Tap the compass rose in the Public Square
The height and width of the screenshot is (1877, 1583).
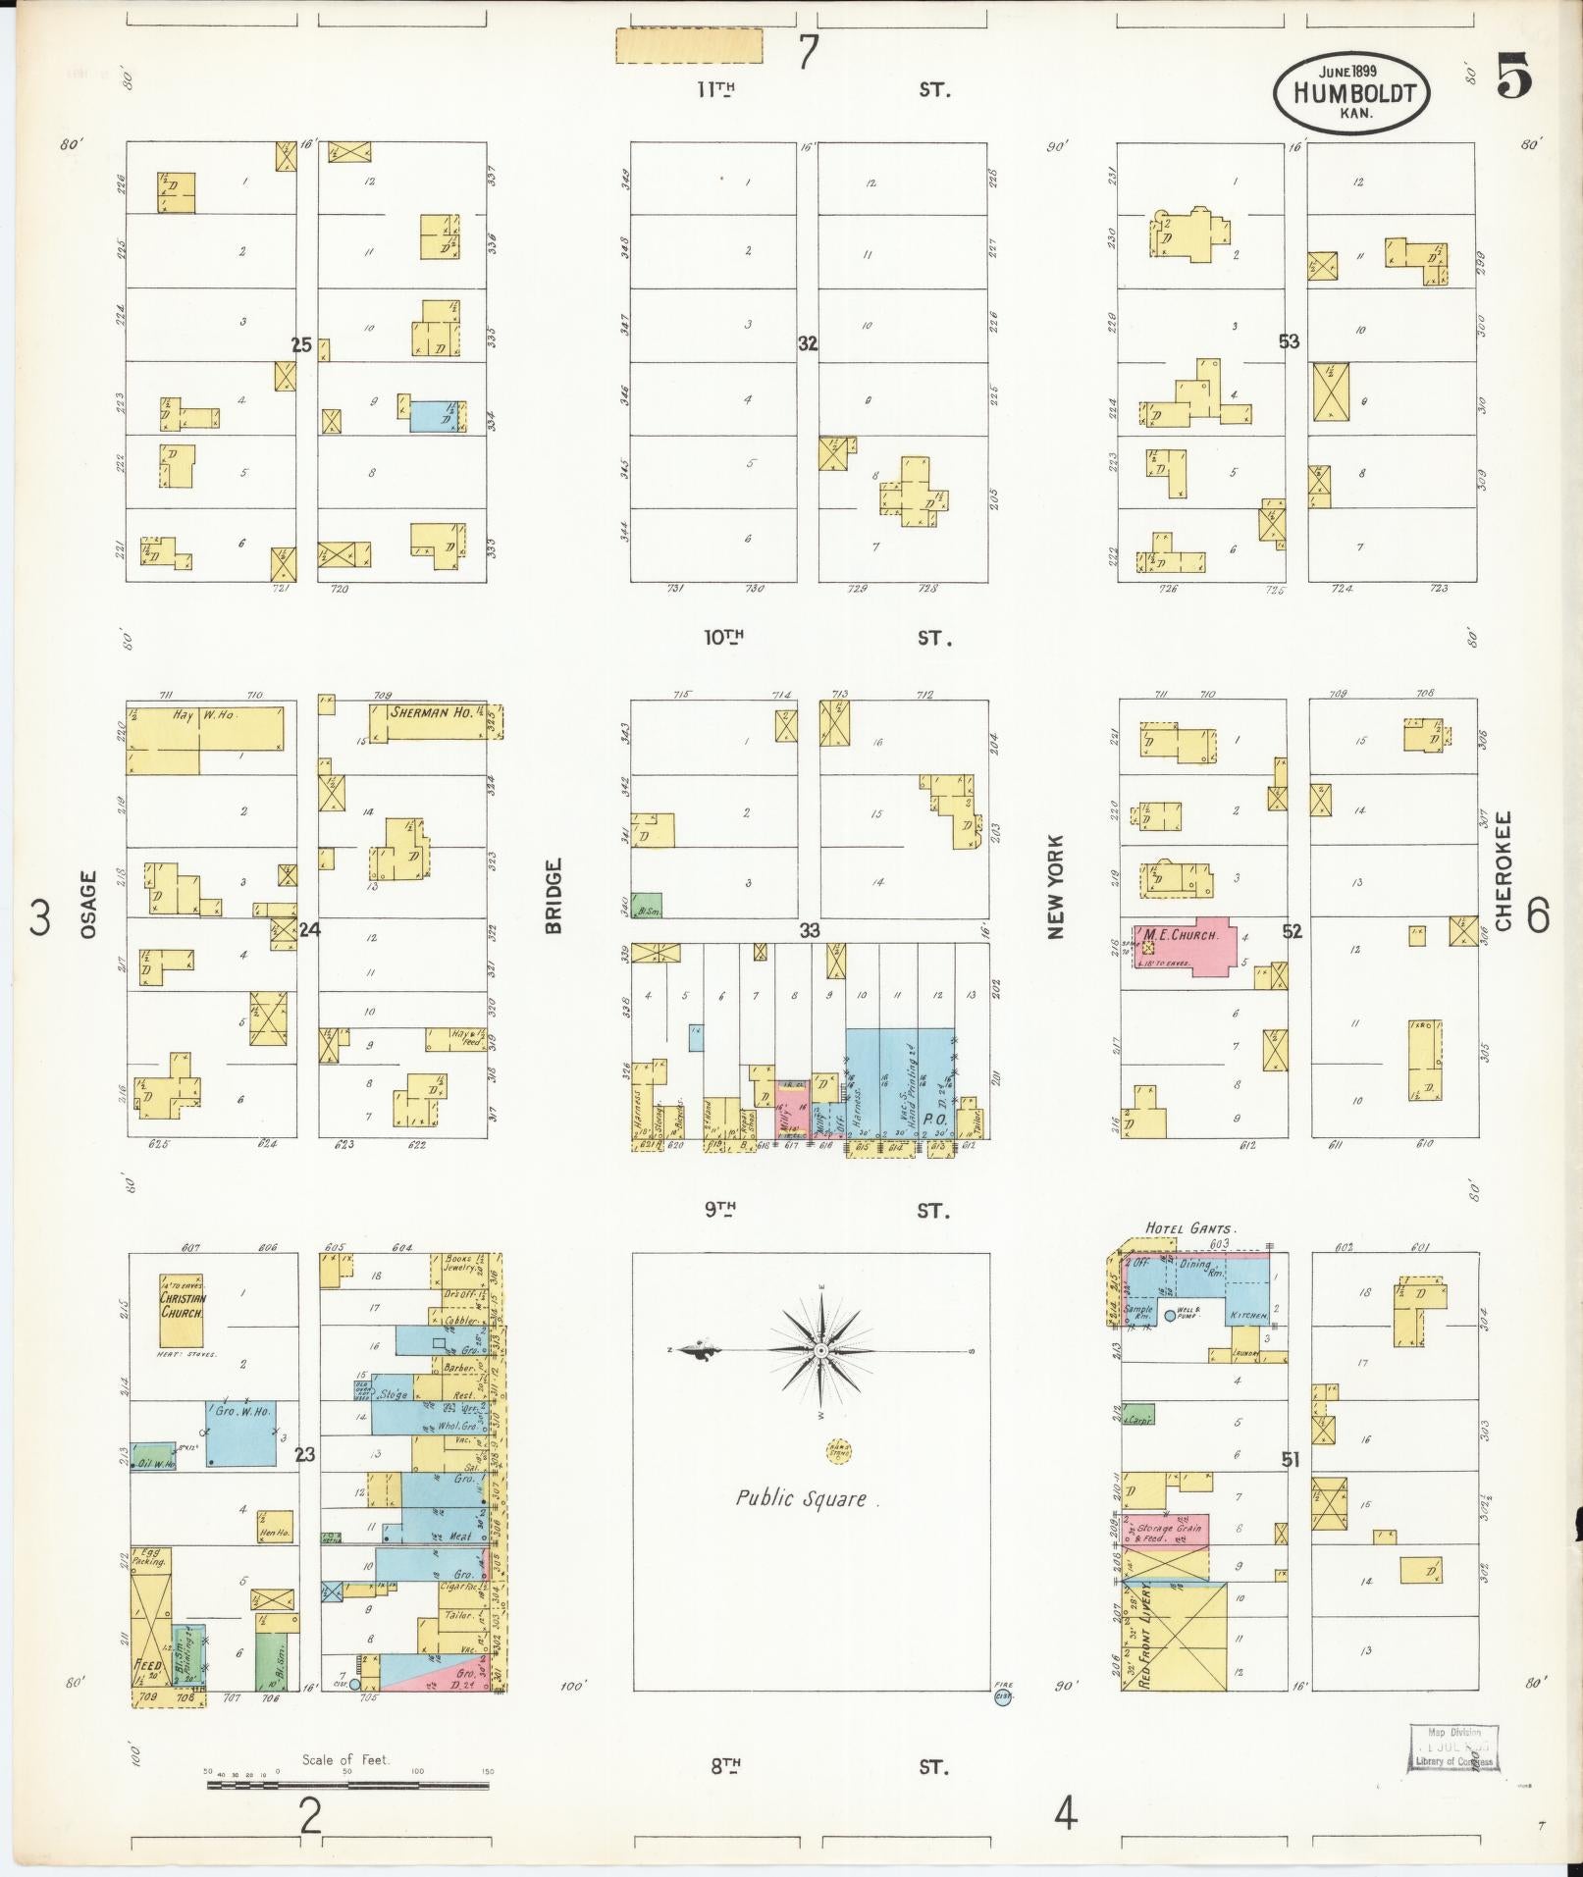pos(819,1351)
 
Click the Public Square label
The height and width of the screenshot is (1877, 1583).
pos(801,1498)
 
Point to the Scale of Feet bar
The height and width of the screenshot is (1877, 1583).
pos(347,1785)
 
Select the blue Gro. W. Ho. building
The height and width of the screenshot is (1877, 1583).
pos(240,1433)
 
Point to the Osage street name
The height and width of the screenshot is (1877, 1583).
pos(89,904)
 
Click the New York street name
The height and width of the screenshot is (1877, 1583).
pos(1055,887)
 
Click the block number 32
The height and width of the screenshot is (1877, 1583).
pos(807,343)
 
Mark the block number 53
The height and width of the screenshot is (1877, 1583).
pos(1289,341)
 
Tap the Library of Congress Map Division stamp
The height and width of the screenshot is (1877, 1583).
pos(1455,1748)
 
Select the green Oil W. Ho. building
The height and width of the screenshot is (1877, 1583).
pos(153,1457)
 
